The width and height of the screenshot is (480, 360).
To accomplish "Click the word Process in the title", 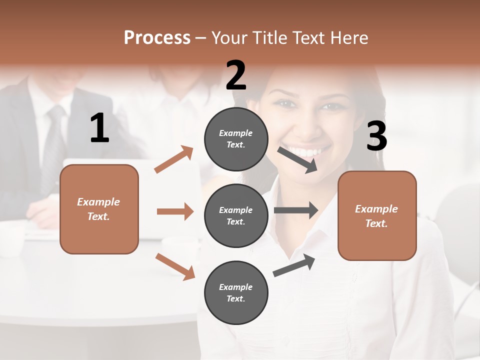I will click(x=157, y=37).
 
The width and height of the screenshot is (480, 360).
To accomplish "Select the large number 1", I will click(x=99, y=128).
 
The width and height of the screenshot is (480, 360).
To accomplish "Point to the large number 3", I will click(x=376, y=136).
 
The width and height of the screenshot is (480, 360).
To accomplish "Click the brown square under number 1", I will click(x=99, y=209).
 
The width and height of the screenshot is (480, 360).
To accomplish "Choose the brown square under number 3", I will click(x=377, y=215).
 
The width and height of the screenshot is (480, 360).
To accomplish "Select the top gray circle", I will click(x=236, y=139).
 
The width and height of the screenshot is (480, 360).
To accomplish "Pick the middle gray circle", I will click(x=236, y=215).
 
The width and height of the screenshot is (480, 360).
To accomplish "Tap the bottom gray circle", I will click(x=236, y=292).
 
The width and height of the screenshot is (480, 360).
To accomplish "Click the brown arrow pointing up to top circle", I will click(x=174, y=159).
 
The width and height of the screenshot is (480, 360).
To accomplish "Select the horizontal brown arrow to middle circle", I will click(x=175, y=211).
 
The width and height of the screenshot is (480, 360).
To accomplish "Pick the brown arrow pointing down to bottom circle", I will click(x=175, y=266).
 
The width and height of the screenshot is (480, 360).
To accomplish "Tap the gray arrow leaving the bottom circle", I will click(x=294, y=265).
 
